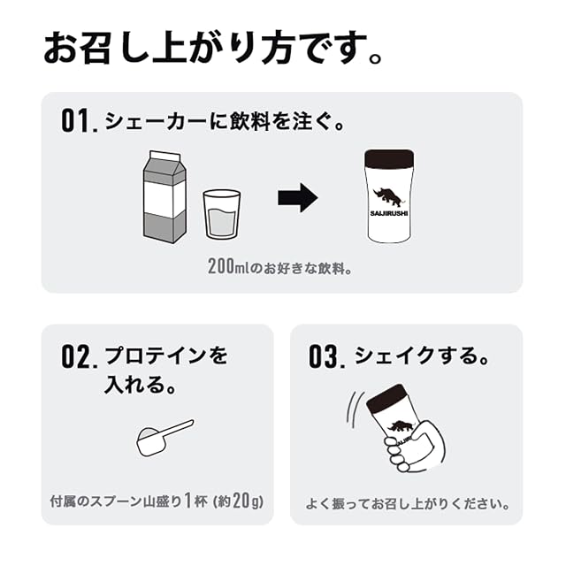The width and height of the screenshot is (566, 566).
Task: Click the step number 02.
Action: point(80,356)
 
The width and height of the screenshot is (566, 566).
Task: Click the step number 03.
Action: point(327,356)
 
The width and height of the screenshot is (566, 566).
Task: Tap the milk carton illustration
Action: point(165,196)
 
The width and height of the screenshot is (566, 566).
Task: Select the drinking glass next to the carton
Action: point(222,214)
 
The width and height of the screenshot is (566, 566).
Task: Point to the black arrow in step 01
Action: point(298,198)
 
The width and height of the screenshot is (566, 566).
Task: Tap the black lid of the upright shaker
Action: point(389,158)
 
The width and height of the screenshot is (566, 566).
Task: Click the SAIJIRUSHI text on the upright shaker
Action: point(389,213)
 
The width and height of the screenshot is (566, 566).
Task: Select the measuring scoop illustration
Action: point(164,437)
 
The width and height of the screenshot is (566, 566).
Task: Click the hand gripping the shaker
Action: point(415,447)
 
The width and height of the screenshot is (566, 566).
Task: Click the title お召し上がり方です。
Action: point(212,47)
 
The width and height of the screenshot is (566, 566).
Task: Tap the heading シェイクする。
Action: point(422,356)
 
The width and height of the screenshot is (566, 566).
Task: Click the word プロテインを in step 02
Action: point(166,356)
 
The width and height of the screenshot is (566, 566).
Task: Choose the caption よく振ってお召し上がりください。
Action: point(407,504)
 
